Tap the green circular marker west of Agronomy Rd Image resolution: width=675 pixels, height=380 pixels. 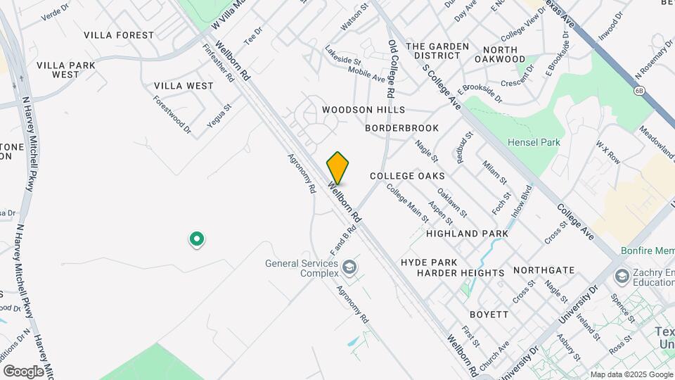click(198, 240)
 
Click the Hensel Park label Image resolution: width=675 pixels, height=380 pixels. click(534, 142)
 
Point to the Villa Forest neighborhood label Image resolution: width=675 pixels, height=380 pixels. click(119, 35)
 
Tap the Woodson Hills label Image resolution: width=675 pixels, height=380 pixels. click(364, 110)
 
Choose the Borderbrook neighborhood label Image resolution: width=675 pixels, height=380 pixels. click(401, 128)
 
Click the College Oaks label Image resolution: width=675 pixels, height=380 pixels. click(407, 175)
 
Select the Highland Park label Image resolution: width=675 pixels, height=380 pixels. click(467, 233)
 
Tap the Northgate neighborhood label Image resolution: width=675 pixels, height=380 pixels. click(544, 270)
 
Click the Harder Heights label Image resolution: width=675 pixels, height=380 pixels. click(461, 272)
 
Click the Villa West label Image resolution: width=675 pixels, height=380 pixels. click(184, 86)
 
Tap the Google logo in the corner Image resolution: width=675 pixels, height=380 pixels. click(23, 371)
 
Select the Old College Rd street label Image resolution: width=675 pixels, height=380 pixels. click(392, 68)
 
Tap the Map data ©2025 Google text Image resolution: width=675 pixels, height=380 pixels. click(631, 374)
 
